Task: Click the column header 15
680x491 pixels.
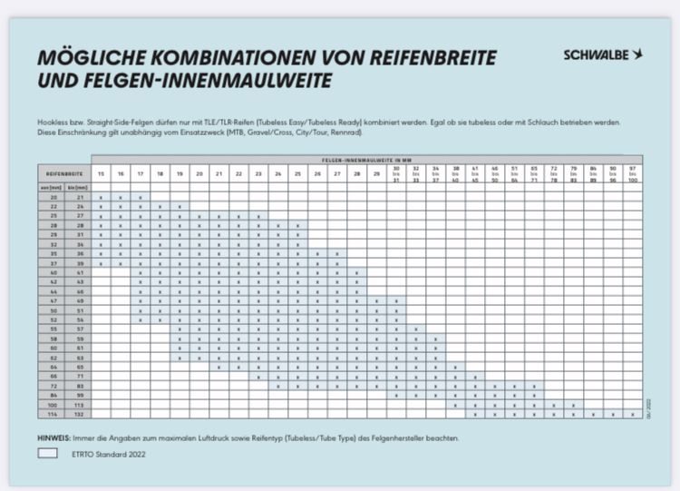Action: click(x=101, y=172)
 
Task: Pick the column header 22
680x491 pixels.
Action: click(x=238, y=172)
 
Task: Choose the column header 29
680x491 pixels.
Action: click(x=376, y=172)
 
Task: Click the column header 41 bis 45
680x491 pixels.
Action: click(x=474, y=172)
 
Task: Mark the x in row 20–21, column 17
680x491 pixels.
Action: click(x=141, y=197)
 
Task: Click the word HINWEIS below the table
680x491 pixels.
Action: click(x=55, y=437)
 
